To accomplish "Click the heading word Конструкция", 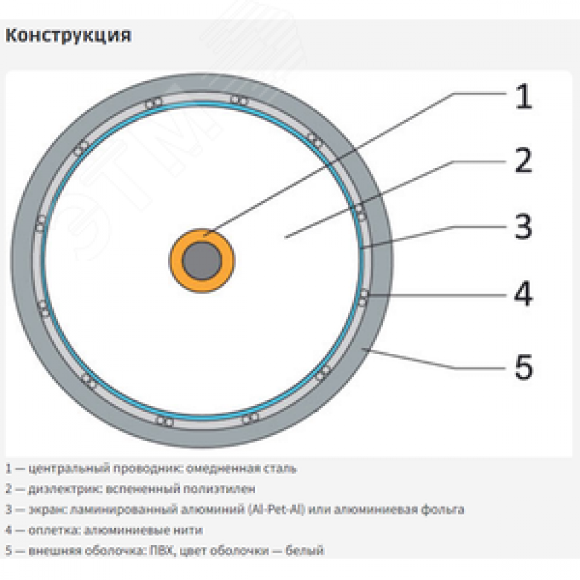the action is coord(68,36).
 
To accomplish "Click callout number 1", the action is coord(524,96).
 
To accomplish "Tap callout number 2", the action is coord(524,160).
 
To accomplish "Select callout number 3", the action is coord(524,226).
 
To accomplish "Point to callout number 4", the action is coord(524,293).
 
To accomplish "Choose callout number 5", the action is coord(524,367).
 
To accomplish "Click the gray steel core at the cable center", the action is coord(202,261).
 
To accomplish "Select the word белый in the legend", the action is coord(304,550).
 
